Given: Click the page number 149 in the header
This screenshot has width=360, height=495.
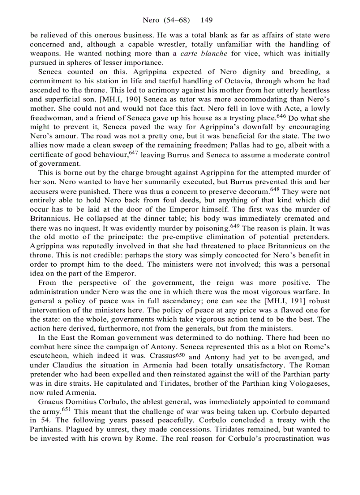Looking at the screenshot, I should click(x=207, y=20).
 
